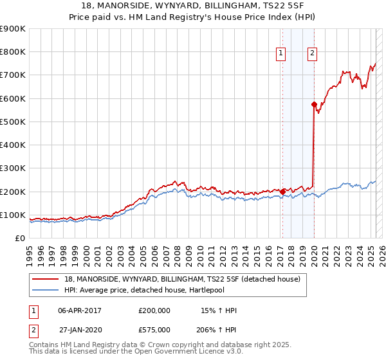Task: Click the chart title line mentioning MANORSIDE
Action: pos(192,6)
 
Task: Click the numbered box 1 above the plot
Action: pos(282,53)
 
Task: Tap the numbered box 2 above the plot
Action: pos(312,53)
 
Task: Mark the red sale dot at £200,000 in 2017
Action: pos(282,191)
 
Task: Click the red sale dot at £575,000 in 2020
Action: pos(314,104)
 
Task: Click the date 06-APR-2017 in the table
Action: pos(80,310)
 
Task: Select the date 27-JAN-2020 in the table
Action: pos(80,330)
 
